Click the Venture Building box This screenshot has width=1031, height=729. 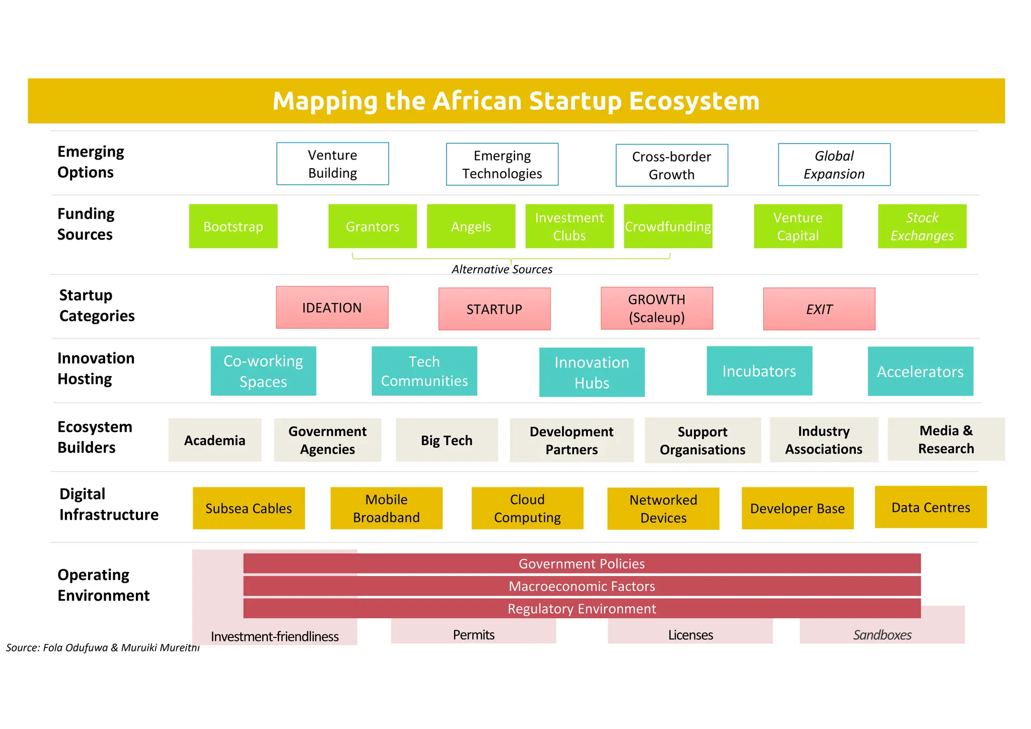pyautogui.click(x=332, y=164)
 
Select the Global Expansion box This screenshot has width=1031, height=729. pyautogui.click(x=834, y=165)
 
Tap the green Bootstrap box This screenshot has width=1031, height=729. pyautogui.click(x=233, y=226)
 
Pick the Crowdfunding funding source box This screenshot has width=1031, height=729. pyautogui.click(x=668, y=226)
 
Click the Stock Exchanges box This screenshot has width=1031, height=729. pyautogui.click(x=922, y=226)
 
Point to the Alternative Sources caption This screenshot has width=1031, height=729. pyautogui.click(x=501, y=269)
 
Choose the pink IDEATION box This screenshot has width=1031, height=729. pyautogui.click(x=332, y=308)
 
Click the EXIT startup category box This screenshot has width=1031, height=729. pyautogui.click(x=819, y=309)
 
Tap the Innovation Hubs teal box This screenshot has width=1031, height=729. pyautogui.click(x=592, y=372)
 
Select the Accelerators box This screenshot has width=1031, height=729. pyautogui.click(x=920, y=372)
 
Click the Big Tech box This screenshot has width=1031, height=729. pyautogui.click(x=447, y=440)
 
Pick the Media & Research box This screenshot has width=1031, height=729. pyautogui.click(x=945, y=439)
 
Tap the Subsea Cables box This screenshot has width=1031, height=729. pyautogui.click(x=249, y=508)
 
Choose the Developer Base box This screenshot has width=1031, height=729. pyautogui.click(x=797, y=508)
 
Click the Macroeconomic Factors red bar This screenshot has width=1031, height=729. pyautogui.click(x=581, y=586)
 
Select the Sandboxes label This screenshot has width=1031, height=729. pyautogui.click(x=882, y=635)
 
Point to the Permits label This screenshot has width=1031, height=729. pyautogui.click(x=473, y=634)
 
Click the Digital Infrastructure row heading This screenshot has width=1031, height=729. pyautogui.click(x=108, y=504)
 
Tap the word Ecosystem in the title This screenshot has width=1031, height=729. pyautogui.click(x=694, y=101)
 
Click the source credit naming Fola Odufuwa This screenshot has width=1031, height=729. pyautogui.click(x=103, y=647)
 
